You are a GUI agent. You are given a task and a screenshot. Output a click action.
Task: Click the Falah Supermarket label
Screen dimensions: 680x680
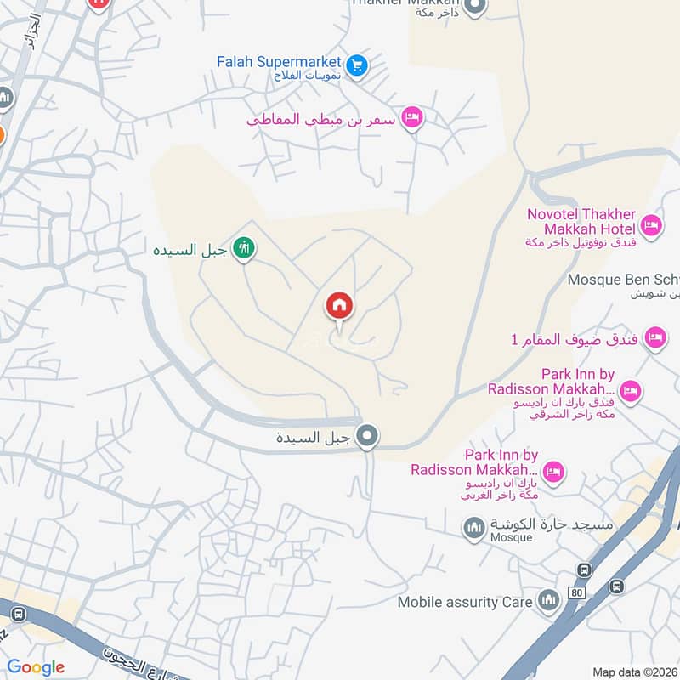click(279, 62)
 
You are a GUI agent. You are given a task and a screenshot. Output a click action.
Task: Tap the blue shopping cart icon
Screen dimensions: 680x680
click(357, 65)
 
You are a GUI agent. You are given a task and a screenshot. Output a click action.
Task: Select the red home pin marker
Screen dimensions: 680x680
click(340, 306)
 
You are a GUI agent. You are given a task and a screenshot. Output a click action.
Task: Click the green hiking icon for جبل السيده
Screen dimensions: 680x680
click(244, 249)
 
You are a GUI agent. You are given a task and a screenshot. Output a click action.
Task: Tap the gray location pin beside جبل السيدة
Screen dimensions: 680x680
click(367, 437)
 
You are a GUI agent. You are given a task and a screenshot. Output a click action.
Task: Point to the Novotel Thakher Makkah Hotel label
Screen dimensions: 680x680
click(581, 222)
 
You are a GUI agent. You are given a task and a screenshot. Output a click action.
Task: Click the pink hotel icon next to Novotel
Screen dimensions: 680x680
click(651, 225)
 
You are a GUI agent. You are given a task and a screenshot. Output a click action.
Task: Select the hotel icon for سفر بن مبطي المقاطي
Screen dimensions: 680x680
click(412, 118)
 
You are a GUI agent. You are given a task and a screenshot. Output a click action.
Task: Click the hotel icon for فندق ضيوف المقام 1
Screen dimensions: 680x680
click(654, 339)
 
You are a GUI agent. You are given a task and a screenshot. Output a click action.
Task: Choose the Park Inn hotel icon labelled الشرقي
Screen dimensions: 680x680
click(630, 390)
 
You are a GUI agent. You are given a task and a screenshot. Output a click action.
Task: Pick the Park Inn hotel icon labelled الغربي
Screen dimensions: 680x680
click(553, 472)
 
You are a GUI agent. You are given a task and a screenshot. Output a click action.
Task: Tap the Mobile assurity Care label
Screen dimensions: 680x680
click(465, 602)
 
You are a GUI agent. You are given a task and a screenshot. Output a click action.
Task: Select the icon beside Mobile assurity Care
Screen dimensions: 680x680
click(548, 602)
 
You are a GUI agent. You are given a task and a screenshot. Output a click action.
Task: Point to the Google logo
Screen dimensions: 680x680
click(36, 667)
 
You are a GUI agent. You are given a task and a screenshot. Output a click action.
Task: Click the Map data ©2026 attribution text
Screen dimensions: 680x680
click(634, 671)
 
